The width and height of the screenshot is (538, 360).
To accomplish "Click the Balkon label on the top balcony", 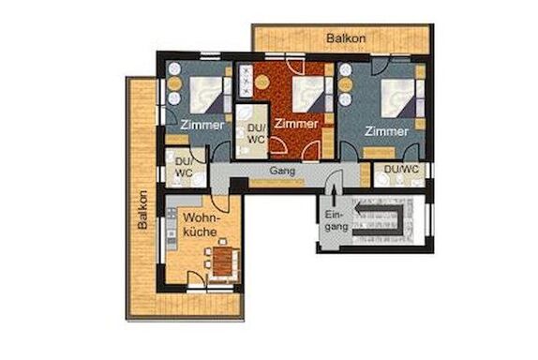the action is [x=346, y=38].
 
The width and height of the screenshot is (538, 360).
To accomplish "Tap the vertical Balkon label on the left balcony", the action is [x=142, y=210].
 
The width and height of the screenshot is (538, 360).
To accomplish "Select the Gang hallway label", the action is [x=282, y=171].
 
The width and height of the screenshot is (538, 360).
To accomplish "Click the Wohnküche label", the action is [x=201, y=225].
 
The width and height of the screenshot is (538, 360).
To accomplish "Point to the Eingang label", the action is [x=334, y=220].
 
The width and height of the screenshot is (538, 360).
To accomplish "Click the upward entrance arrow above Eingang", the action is [x=335, y=197].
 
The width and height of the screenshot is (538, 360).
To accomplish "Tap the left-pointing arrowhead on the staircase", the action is [x=359, y=209].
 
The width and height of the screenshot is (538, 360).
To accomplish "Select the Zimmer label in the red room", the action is [x=296, y=124].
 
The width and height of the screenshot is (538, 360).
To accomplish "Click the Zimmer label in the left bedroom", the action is [x=202, y=125].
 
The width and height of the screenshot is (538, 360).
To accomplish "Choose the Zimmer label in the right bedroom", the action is [x=386, y=131].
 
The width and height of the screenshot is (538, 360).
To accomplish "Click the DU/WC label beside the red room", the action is [x=256, y=133].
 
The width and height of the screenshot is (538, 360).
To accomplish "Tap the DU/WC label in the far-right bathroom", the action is [x=401, y=169].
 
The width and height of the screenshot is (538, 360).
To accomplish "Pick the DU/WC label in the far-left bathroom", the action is [x=185, y=167].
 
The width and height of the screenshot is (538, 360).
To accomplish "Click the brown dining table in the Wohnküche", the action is [x=222, y=262].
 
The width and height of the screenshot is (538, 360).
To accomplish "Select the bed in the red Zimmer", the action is [x=307, y=95].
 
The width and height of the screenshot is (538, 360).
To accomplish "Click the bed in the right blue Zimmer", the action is [x=398, y=97].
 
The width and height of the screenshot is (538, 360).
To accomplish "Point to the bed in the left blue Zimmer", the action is [x=206, y=95].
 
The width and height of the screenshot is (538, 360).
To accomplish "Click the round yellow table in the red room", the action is [x=262, y=82].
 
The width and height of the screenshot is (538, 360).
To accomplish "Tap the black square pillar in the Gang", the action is [x=238, y=186].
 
